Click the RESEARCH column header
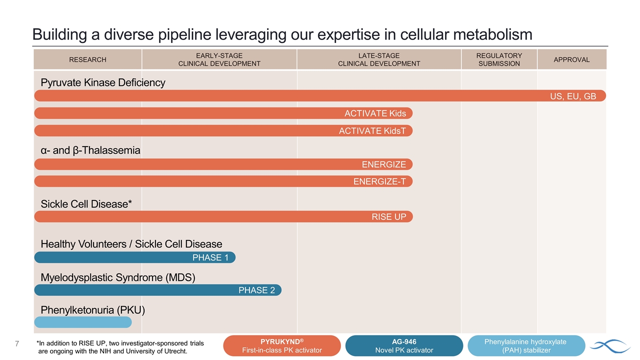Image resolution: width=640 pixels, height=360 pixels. click(x=87, y=59)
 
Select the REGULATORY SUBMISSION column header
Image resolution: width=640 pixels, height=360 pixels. click(x=499, y=59)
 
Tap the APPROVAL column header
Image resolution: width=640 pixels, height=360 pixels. click(x=571, y=59)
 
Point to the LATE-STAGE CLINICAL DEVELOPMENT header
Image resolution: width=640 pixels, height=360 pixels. click(x=379, y=59)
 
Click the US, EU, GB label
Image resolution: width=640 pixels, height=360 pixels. click(x=573, y=96)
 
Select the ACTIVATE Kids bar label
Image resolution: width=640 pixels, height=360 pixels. click(x=375, y=113)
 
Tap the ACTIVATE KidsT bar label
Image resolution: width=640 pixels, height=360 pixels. click(x=372, y=131)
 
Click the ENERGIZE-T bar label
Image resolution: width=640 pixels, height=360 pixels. click(x=379, y=181)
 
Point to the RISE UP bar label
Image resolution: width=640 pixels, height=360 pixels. click(x=388, y=216)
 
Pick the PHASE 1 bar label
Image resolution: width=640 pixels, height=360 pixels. click(x=210, y=257)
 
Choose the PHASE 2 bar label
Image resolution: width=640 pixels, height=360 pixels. click(x=256, y=290)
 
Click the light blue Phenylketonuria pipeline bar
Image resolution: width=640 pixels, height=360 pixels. click(x=83, y=322)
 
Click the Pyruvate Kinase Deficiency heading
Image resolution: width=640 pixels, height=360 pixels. click(x=103, y=82)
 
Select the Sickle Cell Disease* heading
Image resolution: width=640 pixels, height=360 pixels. click(x=86, y=204)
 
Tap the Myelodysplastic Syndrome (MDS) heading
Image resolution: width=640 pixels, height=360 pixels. click(x=117, y=277)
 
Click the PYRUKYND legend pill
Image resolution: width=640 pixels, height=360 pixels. click(x=282, y=345)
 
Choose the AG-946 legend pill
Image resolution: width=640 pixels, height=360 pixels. click(x=404, y=345)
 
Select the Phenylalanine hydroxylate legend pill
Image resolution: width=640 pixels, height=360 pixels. click(x=526, y=345)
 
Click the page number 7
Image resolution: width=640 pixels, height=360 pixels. click(x=17, y=344)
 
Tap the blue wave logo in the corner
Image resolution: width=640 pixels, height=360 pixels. click(x=609, y=345)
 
